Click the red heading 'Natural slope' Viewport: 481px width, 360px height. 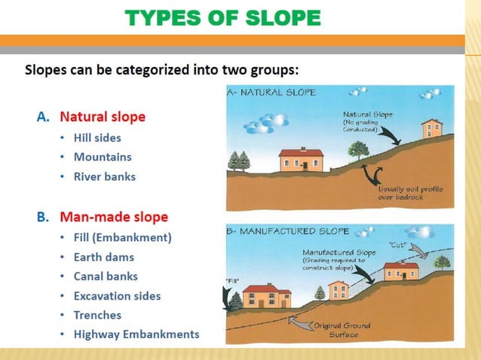pos(103,117)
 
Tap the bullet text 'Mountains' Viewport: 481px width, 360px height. pos(103,157)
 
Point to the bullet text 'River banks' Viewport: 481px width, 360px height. pos(105,177)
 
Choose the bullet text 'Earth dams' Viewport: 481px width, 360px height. pos(104,257)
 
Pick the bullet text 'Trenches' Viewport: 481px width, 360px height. pos(97,315)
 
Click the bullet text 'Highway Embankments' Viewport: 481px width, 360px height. pos(136,334)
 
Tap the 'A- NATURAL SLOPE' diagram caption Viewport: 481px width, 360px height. pos(271,93)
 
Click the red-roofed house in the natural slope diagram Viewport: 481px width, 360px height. pos(300,159)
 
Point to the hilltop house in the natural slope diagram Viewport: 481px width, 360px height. pos(432,128)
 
